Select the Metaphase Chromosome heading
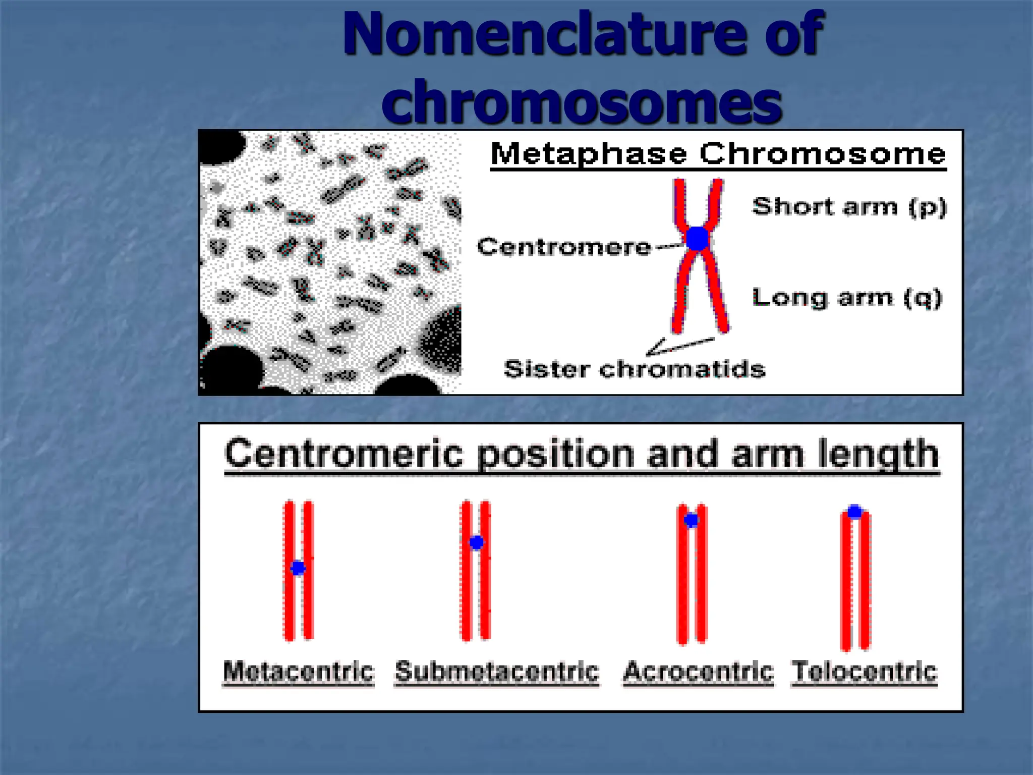tap(718, 153)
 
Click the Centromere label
tap(564, 247)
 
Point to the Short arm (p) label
tap(849, 207)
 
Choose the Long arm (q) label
tap(847, 298)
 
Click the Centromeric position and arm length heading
tap(582, 454)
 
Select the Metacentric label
tap(299, 672)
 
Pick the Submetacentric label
tap(497, 672)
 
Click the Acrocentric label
tap(698, 672)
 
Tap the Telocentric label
tap(865, 672)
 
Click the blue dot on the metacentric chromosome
tap(298, 568)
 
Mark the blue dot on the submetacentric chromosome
tap(476, 542)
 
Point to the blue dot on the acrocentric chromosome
tap(691, 520)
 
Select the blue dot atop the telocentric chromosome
tap(854, 512)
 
